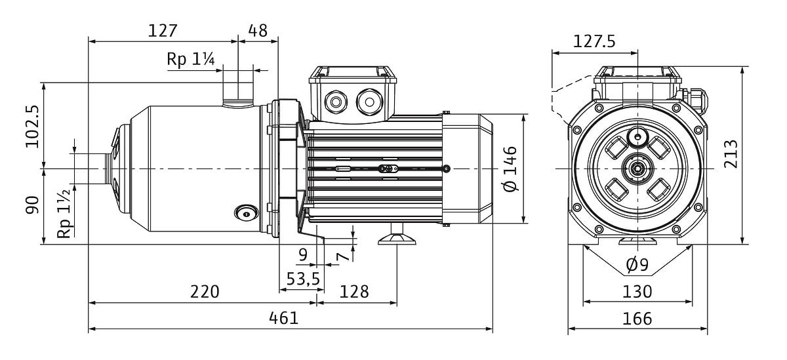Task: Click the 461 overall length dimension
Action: [284, 318]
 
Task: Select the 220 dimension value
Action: [205, 291]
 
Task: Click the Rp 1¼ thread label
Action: [191, 59]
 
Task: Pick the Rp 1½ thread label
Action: [64, 215]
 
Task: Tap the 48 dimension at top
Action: [258, 30]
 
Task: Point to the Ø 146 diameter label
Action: [511, 169]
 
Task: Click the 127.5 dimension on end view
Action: [594, 41]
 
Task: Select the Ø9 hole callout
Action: [637, 265]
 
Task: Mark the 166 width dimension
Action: [637, 319]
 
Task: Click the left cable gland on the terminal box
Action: [337, 102]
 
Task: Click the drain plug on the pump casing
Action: [246, 212]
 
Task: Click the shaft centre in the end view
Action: [637, 169]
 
